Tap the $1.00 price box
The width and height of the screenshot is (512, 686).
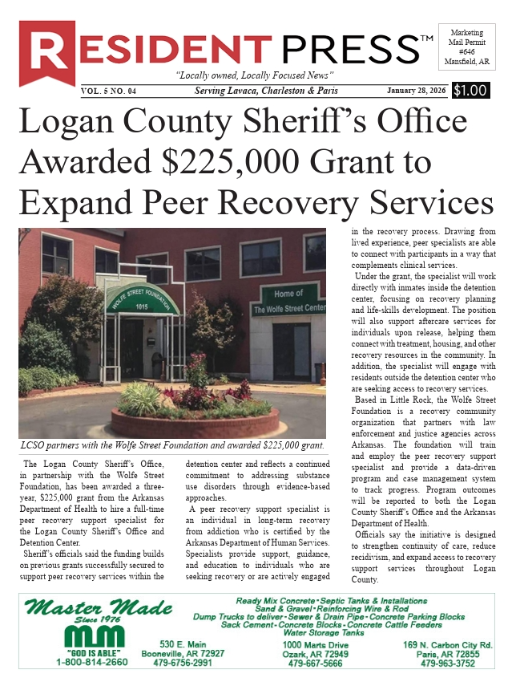470,91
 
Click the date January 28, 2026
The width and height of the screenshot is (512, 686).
417,91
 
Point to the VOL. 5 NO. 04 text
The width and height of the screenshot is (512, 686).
109,91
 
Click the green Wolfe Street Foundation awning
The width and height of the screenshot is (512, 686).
143,302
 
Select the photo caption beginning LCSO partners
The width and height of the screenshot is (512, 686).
172,445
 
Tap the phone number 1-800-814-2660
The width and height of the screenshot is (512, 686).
91,663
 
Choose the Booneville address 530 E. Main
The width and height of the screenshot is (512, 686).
183,645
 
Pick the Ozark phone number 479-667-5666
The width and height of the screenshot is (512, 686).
315,664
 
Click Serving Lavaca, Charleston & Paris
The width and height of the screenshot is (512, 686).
266,91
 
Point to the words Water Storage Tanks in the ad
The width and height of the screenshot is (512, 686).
329,633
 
